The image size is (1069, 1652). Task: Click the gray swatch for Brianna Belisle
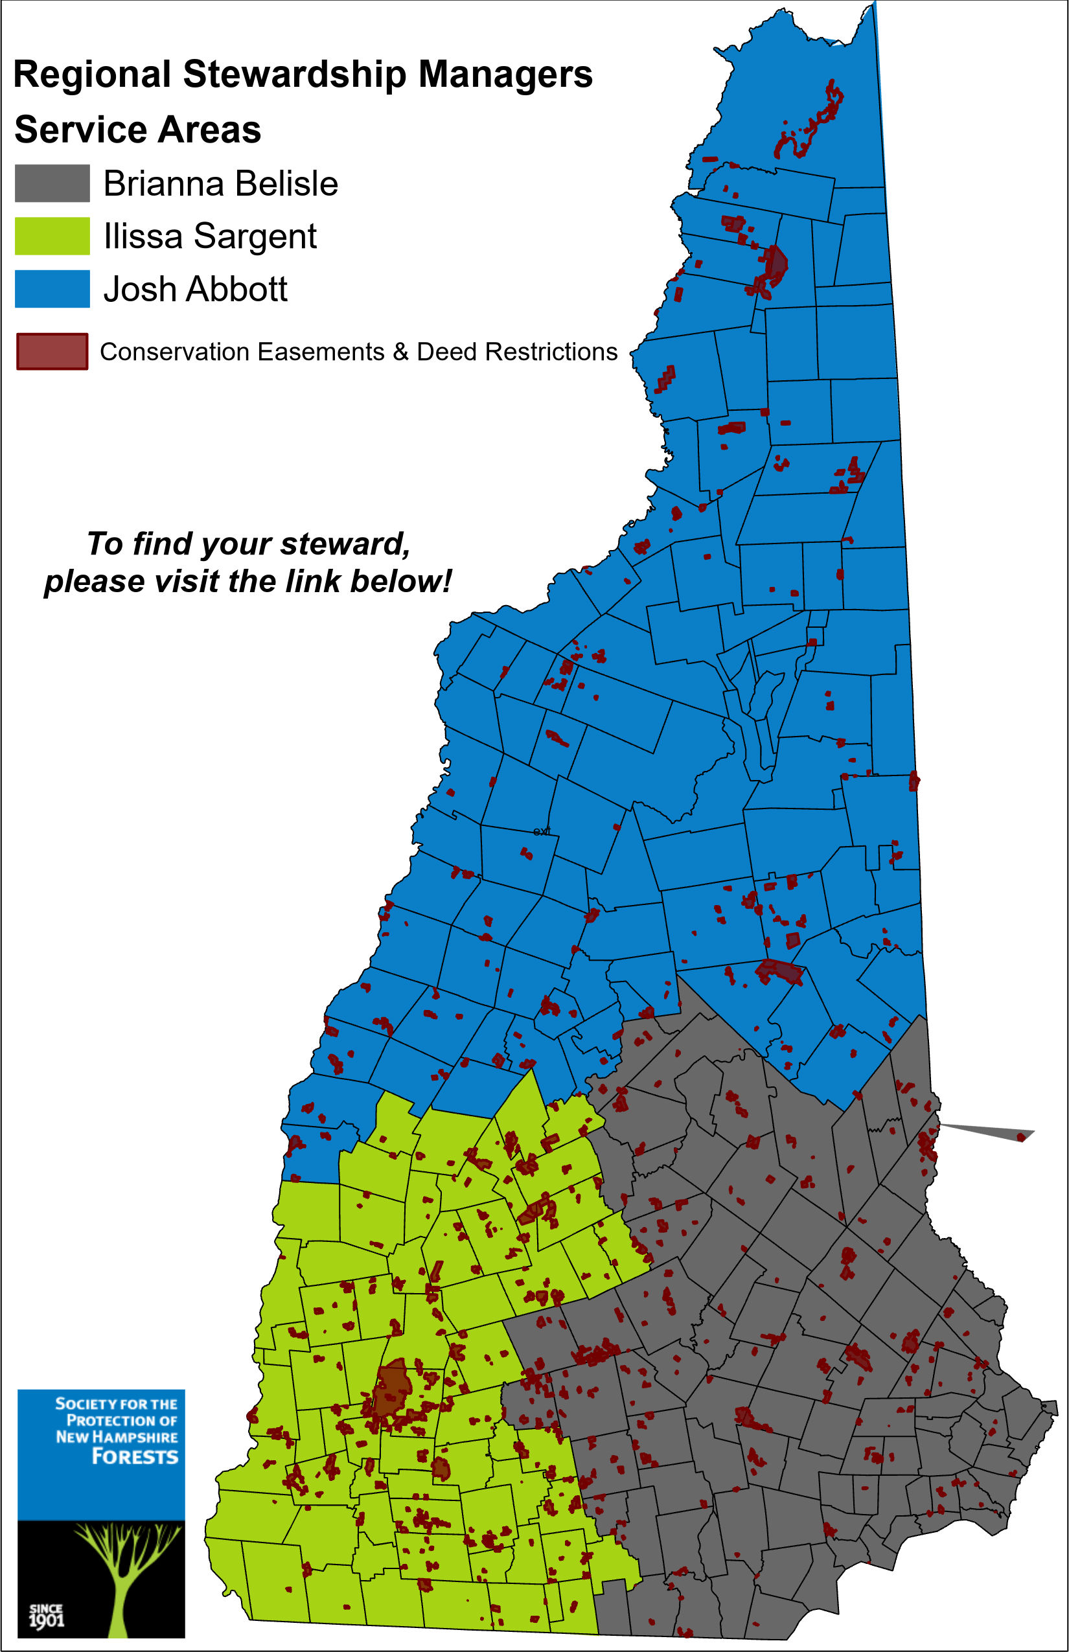coord(52,183)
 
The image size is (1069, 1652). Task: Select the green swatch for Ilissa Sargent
coord(52,236)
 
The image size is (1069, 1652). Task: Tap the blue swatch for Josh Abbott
coord(52,289)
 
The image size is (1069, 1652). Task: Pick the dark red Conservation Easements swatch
coord(52,351)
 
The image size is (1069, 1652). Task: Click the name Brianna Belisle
coord(220,184)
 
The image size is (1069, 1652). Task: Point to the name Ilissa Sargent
coord(210,236)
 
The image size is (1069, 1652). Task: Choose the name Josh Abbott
coord(195,290)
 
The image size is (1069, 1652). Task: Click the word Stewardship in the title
coord(294,75)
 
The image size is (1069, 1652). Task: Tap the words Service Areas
coord(137,130)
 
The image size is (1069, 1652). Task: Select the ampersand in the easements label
coord(400,352)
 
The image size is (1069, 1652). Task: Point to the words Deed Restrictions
coord(516,352)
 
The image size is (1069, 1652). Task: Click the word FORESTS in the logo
coord(135,1457)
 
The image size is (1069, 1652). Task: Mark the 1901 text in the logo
coord(46,1620)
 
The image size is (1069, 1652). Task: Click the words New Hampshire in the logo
coord(117,1437)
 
